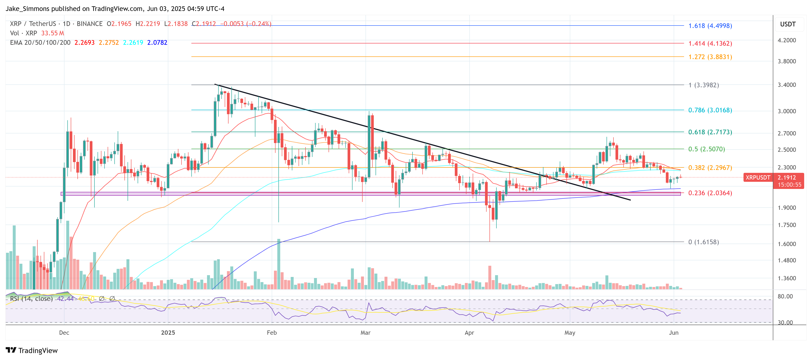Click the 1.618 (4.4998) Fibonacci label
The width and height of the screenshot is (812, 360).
tap(710, 26)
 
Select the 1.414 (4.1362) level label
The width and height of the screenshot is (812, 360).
tap(710, 43)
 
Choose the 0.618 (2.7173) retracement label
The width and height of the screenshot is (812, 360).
tap(710, 132)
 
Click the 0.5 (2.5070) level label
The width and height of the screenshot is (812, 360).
tap(706, 149)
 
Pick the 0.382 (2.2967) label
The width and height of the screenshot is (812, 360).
tap(710, 168)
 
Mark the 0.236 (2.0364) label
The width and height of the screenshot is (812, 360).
tap(710, 193)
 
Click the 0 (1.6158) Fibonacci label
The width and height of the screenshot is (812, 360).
tap(704, 242)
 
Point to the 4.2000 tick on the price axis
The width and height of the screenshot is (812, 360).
tap(786, 40)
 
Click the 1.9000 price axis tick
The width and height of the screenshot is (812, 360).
tap(786, 208)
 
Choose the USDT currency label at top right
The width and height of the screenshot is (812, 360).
tap(788, 24)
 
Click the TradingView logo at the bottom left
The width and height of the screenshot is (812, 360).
tap(32, 351)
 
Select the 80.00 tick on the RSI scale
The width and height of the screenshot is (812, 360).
tap(785, 296)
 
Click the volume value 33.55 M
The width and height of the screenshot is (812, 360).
tap(53, 33)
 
